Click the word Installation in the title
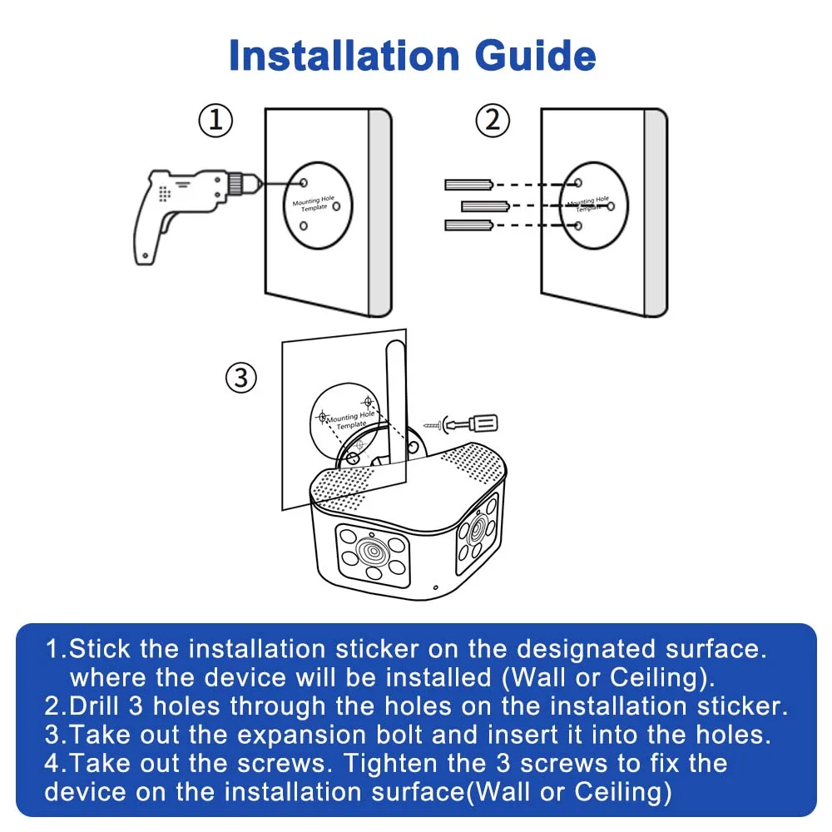344,56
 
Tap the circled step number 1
215,121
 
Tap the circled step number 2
492,121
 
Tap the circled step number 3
240,379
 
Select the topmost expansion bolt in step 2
470,184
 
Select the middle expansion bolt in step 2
485,205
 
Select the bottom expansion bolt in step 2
470,225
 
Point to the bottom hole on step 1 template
304,232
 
